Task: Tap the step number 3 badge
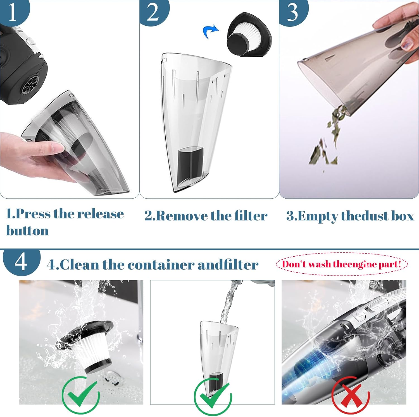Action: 293,12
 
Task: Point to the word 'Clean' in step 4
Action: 79,265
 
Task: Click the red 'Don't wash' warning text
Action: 341,264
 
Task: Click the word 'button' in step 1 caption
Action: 27,231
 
